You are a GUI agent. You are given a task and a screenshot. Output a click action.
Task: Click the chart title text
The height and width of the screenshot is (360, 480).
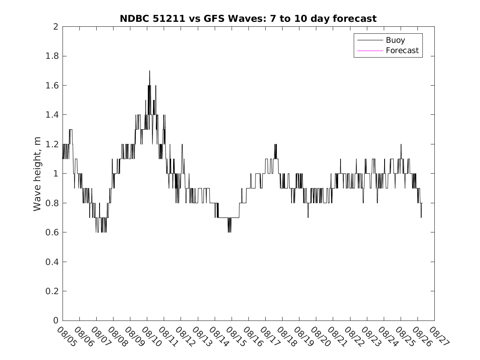(x=248, y=19)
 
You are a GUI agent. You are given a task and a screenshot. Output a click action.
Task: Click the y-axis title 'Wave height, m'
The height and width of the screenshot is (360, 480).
(x=37, y=174)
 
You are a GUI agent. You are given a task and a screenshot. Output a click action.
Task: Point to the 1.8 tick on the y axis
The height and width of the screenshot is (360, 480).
(x=53, y=56)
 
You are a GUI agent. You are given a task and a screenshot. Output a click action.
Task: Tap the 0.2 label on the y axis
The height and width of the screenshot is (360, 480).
(x=53, y=291)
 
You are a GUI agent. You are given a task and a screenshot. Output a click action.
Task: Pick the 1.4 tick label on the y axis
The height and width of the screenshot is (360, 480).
(x=53, y=115)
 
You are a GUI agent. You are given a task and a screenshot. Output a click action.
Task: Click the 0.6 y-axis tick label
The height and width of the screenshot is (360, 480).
(x=53, y=232)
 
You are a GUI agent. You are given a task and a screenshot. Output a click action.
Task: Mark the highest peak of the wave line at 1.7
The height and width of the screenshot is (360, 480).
(x=149, y=71)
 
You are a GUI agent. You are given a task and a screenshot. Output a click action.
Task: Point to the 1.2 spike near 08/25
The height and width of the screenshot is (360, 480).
(x=401, y=145)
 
